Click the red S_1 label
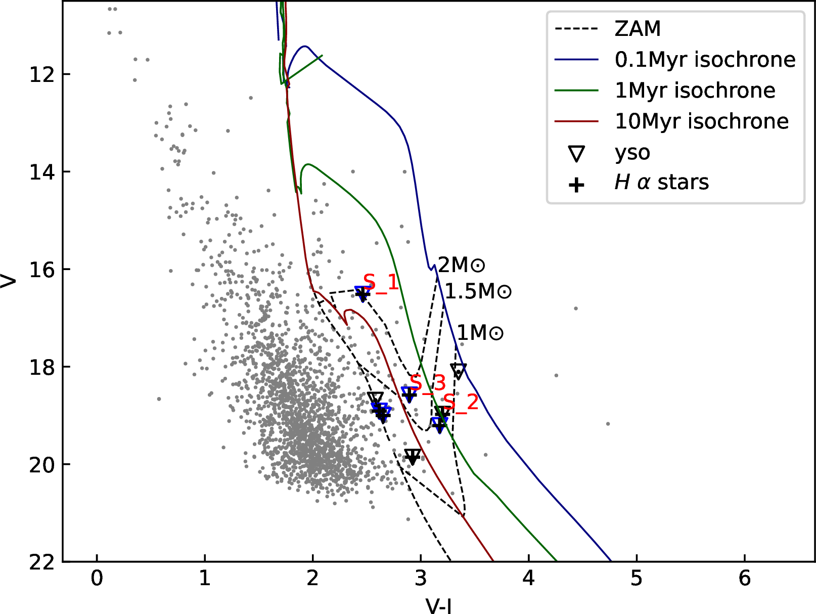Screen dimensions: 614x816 coord(381,283)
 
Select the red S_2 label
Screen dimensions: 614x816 coord(461,403)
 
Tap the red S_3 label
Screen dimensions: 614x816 coord(428,384)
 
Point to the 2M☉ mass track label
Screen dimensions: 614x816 coord(461,265)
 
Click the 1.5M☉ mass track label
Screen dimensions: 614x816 coord(478,291)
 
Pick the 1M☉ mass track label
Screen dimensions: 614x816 coord(480,333)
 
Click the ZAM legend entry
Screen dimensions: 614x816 coord(638,29)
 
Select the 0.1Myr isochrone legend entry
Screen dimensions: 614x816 coord(705,60)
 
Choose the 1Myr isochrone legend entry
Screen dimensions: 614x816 coord(695,91)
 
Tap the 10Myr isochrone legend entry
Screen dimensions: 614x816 coord(701,121)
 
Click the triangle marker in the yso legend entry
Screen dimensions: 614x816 coord(576,153)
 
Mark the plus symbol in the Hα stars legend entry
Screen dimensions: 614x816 coord(576,185)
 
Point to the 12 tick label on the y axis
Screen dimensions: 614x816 coord(42,74)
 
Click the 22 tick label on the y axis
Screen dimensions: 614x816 coord(42,562)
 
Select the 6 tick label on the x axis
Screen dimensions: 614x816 coord(745,578)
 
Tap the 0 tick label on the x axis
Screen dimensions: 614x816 coord(97,578)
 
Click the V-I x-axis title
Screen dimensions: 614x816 coord(439,605)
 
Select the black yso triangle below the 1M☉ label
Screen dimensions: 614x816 coord(458,371)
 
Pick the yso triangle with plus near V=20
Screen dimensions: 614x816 coord(413,456)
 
